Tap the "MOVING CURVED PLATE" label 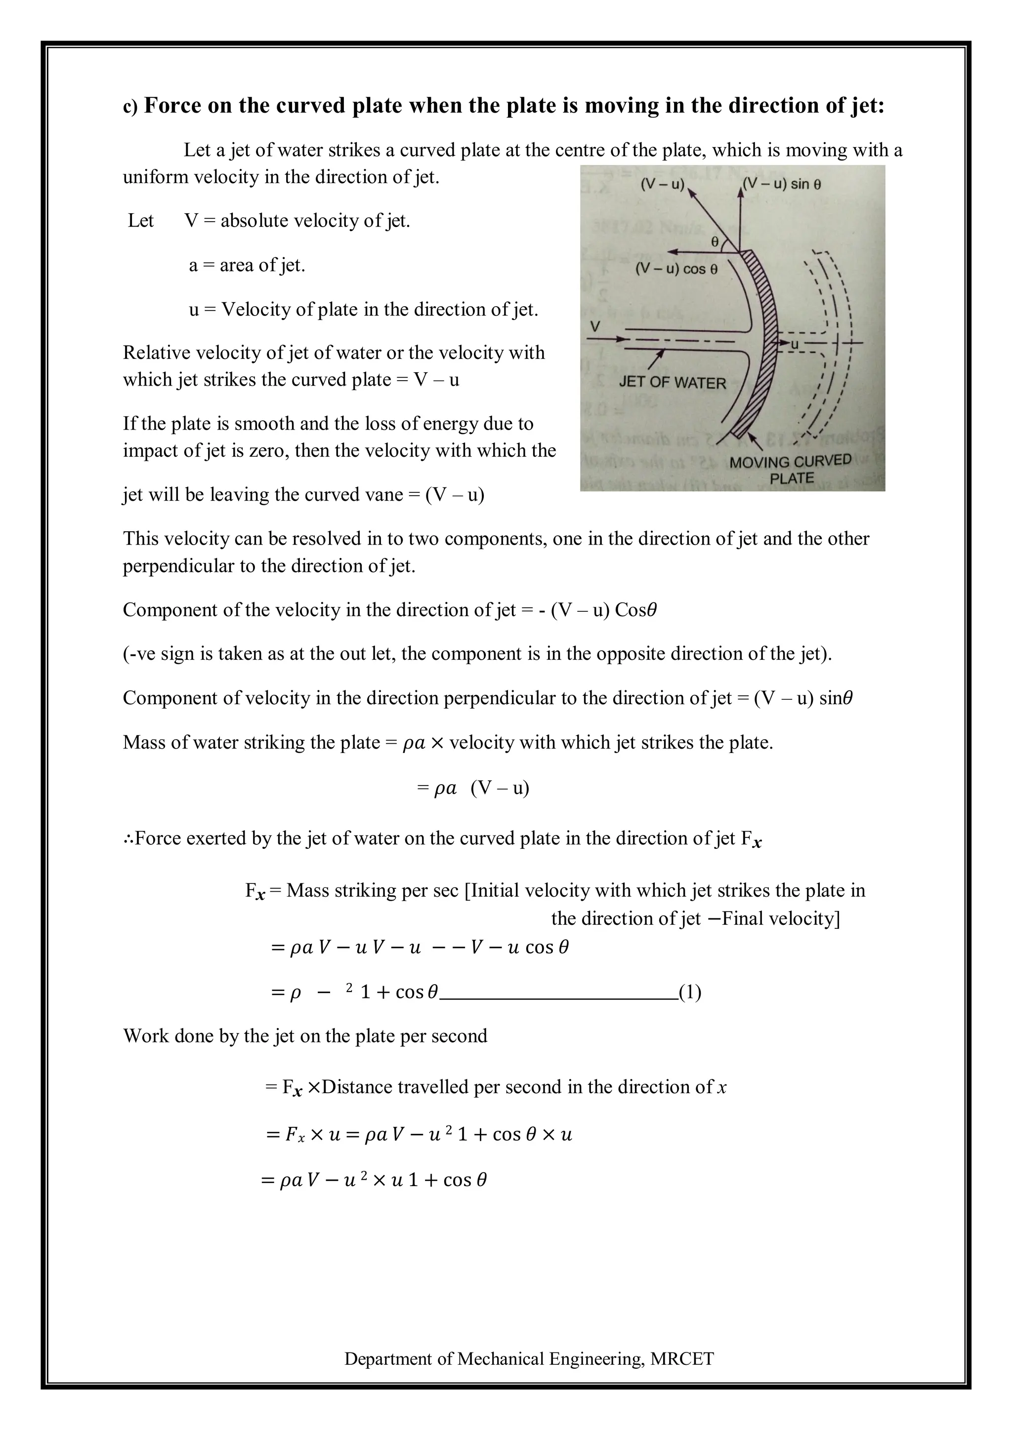coord(790,470)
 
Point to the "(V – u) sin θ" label coord(783,184)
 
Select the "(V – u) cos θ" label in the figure coord(676,269)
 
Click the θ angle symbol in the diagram coord(715,241)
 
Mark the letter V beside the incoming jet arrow coord(595,326)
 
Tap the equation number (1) coord(690,992)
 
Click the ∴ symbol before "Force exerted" coord(128,838)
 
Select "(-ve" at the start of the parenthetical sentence coord(138,653)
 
